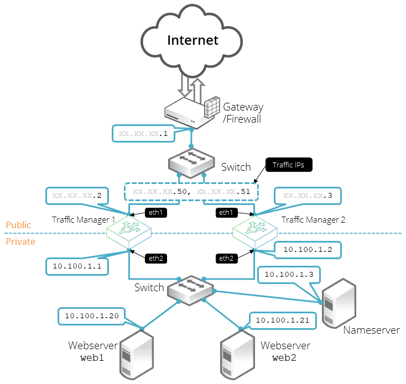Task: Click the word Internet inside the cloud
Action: tap(192, 40)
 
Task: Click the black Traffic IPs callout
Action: tap(289, 165)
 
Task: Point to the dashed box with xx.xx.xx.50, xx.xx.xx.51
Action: tap(191, 191)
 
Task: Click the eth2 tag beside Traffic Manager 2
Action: tap(226, 258)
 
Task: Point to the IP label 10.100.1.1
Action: tap(77, 266)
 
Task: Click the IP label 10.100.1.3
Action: tap(289, 274)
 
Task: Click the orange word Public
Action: tap(18, 225)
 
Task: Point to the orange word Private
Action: tap(20, 241)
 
